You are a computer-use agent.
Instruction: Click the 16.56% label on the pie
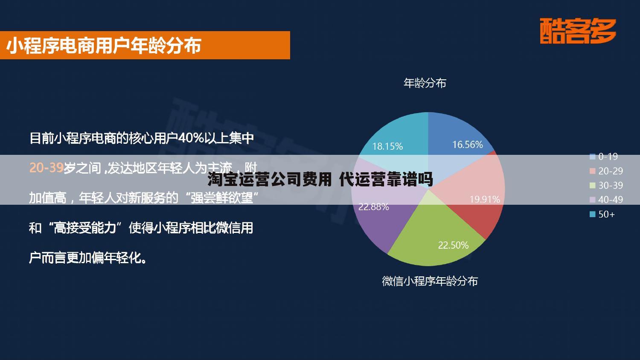pyautogui.click(x=467, y=145)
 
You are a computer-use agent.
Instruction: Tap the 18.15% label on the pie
pyautogui.click(x=387, y=146)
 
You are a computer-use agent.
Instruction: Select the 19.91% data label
pyautogui.click(x=484, y=199)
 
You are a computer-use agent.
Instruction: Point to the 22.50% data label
pyautogui.click(x=453, y=245)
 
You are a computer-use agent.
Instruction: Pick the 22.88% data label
pyautogui.click(x=373, y=207)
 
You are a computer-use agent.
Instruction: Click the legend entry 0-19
pyautogui.click(x=603, y=157)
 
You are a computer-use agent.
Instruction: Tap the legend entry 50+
pyautogui.click(x=602, y=214)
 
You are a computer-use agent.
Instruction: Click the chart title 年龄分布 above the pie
pyautogui.click(x=425, y=83)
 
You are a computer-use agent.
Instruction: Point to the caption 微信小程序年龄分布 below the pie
pyautogui.click(x=430, y=281)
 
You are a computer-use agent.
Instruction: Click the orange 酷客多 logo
pyautogui.click(x=578, y=31)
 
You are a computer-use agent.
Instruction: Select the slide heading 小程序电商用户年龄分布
pyautogui.click(x=103, y=46)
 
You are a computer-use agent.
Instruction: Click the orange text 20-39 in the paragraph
pyautogui.click(x=46, y=168)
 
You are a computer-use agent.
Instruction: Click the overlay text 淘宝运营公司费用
pyautogui.click(x=269, y=180)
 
